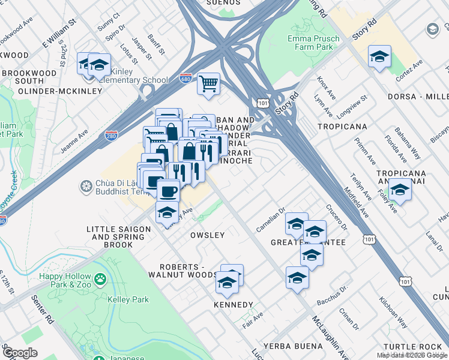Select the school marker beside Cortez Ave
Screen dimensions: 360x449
point(379,57)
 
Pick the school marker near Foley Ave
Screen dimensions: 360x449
point(399,190)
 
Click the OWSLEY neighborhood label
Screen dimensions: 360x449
point(207,235)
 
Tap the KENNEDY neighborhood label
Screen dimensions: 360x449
point(234,305)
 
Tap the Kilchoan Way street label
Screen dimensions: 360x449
point(393,312)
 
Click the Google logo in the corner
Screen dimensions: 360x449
point(20,353)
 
